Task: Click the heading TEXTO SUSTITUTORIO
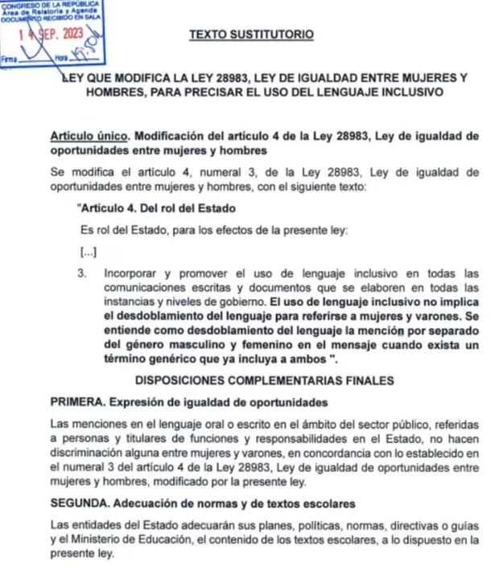point(251,35)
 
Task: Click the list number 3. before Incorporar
point(82,273)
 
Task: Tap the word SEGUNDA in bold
point(80,504)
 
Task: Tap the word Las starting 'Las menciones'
point(61,424)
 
